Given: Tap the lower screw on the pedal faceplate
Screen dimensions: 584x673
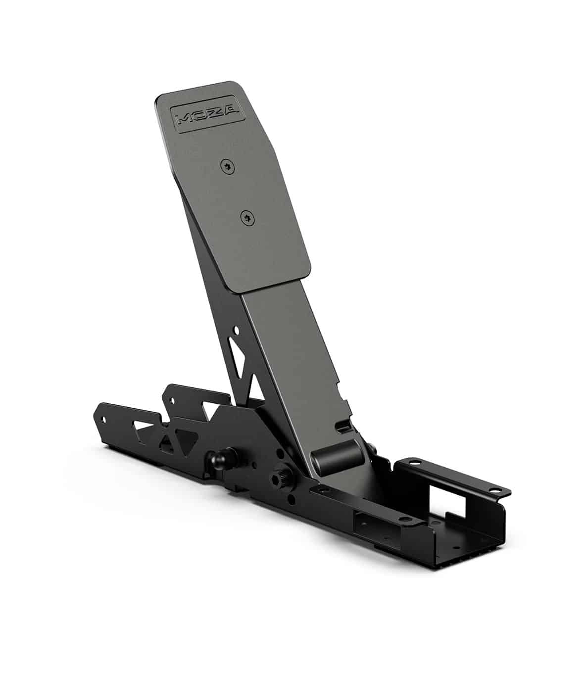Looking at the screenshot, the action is [x=248, y=218].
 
